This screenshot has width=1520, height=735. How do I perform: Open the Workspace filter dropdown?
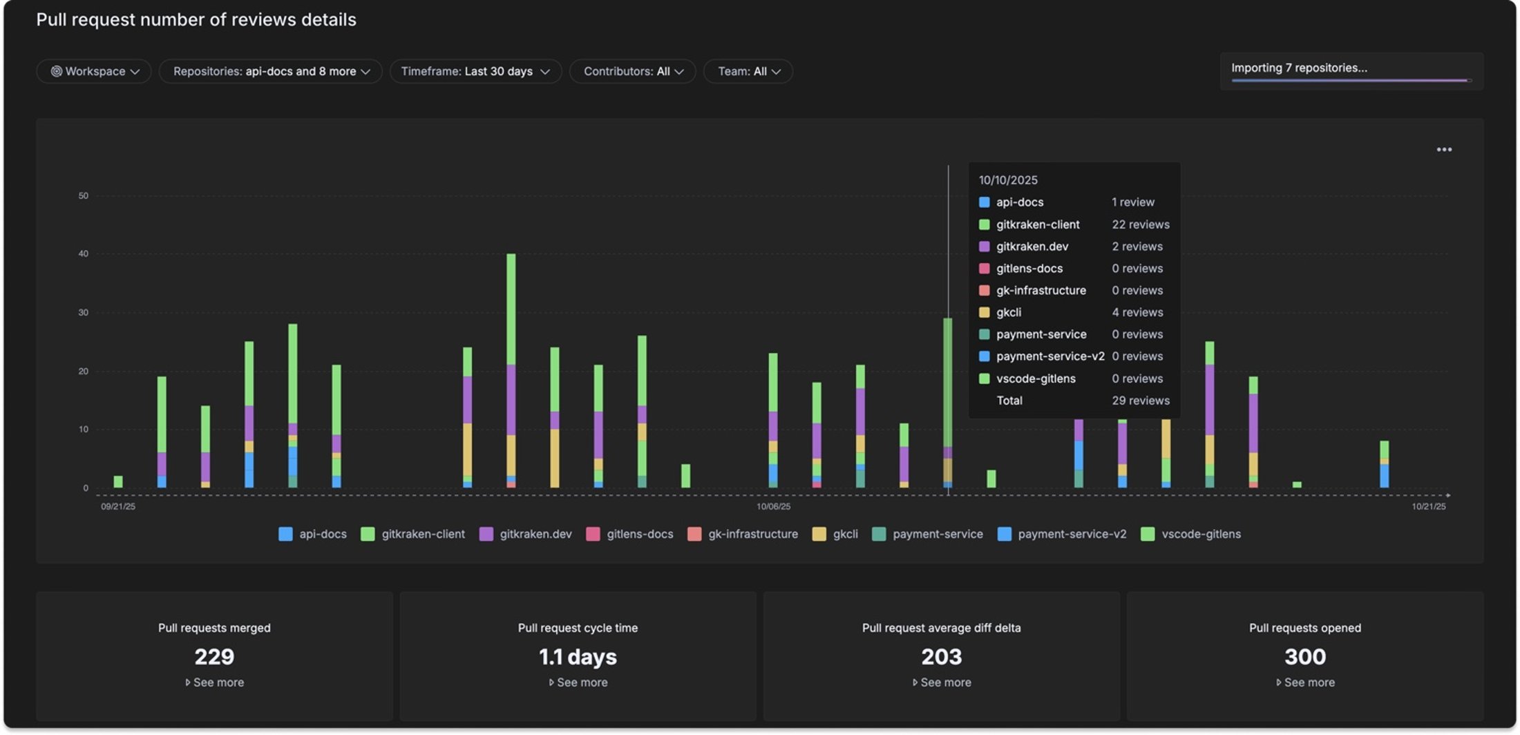(x=94, y=71)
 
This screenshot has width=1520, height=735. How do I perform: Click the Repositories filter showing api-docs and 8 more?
(x=270, y=71)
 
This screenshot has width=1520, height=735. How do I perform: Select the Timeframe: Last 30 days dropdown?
(x=475, y=71)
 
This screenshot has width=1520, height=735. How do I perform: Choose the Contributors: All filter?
(x=632, y=71)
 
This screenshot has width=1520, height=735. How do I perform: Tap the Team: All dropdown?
(x=748, y=71)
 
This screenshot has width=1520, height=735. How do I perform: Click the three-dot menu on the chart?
(x=1443, y=149)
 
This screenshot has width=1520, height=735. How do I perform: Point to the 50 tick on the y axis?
(x=84, y=196)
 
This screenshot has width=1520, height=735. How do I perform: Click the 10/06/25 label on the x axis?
(x=773, y=506)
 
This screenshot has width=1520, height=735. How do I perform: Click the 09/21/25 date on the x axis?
(x=118, y=506)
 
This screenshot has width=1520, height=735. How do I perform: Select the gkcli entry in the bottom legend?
(x=844, y=534)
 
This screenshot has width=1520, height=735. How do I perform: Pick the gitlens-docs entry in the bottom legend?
(x=639, y=534)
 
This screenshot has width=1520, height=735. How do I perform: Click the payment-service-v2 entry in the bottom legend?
(x=1071, y=534)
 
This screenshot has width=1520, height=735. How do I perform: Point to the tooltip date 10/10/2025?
(x=1008, y=180)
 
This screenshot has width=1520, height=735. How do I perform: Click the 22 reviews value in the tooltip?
(x=1140, y=225)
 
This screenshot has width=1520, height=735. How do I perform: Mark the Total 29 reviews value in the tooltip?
(x=1140, y=401)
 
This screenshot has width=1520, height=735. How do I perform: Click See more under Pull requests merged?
(x=218, y=682)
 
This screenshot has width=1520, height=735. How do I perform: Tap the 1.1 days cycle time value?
(x=578, y=656)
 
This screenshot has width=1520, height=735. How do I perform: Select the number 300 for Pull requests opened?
(x=1304, y=656)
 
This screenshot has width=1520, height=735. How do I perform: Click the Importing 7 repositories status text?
(x=1299, y=68)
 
